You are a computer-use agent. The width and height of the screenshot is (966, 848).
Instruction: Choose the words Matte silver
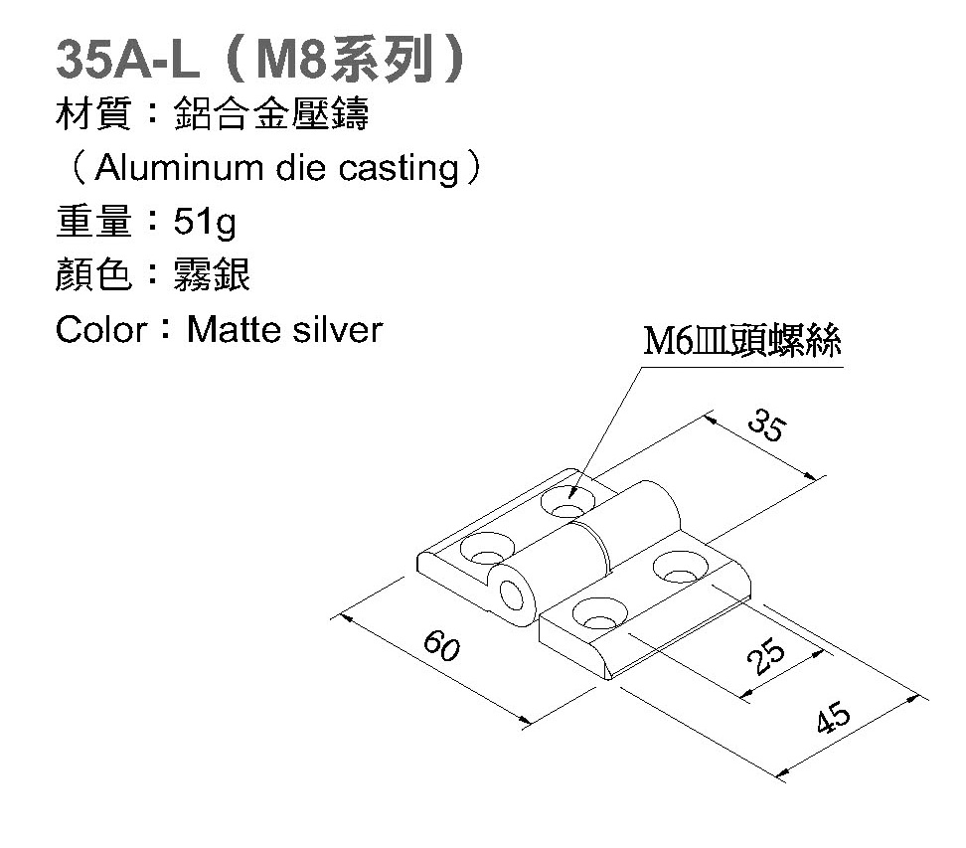[x=284, y=329]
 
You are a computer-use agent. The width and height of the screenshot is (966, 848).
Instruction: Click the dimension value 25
[x=763, y=657]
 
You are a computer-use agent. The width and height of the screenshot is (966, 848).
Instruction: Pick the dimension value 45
[x=833, y=717]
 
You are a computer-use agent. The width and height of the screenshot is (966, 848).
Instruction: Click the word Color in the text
[x=100, y=329]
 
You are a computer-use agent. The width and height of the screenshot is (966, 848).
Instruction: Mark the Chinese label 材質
[x=94, y=115]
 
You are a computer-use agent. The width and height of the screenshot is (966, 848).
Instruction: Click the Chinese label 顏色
[x=94, y=275]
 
